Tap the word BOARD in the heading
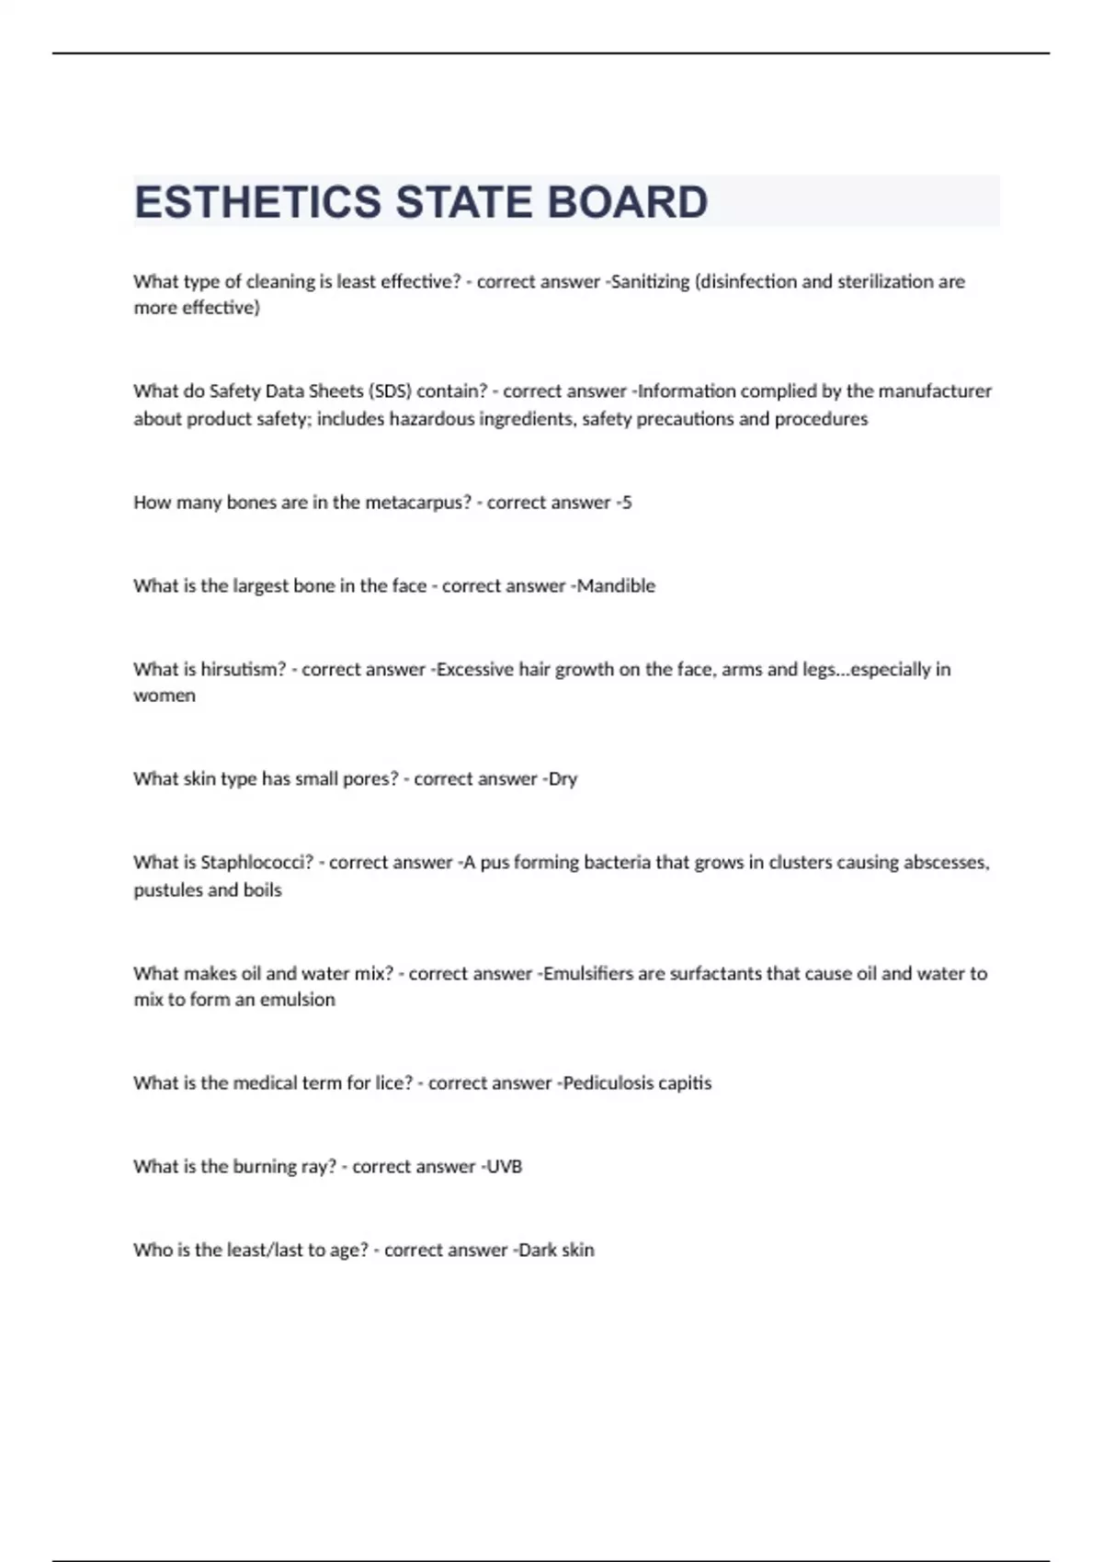(628, 202)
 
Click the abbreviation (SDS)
(390, 391)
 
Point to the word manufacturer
(935, 391)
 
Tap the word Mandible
(616, 586)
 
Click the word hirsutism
(244, 670)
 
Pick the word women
(165, 696)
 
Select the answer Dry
(563, 779)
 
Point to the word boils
(262, 889)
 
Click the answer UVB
(504, 1167)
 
